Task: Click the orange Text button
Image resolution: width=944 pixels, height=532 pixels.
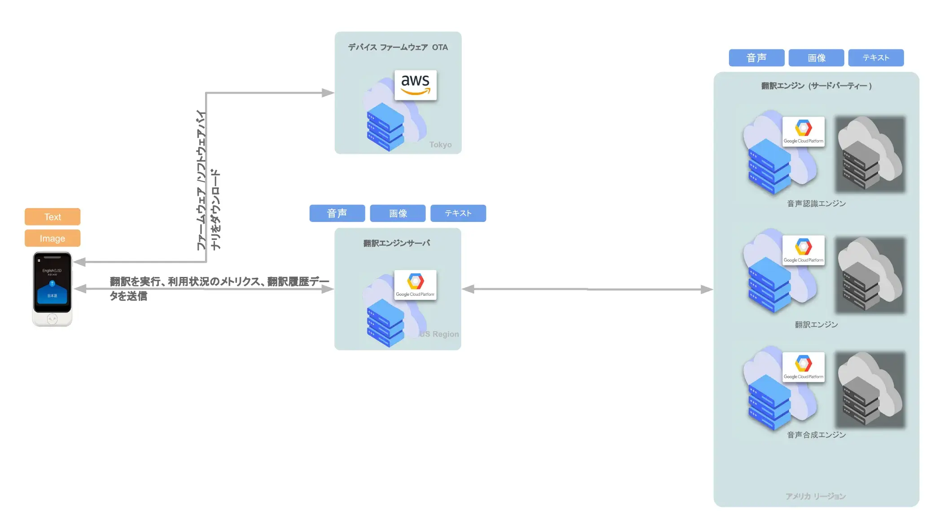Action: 52,217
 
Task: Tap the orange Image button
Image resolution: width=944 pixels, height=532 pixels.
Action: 52,238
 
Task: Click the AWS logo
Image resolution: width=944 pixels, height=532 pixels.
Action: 415,85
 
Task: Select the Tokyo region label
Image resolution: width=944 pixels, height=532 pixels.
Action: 440,145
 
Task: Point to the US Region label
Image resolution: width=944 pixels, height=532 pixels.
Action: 439,334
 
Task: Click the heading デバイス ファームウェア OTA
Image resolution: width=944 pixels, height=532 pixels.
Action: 398,48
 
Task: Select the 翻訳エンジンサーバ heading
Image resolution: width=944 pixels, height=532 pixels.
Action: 397,243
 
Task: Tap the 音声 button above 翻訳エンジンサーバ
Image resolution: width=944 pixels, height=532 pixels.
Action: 337,213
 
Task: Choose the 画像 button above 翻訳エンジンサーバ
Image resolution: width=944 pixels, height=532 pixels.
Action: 398,213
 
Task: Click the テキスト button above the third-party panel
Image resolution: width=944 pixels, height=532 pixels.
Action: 876,58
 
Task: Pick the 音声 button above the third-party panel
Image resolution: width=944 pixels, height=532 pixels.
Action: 756,58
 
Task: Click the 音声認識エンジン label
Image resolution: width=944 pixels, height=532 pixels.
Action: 816,204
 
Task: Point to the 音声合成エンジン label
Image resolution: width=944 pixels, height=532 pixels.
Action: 816,435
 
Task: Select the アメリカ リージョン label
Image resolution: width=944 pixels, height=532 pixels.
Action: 816,496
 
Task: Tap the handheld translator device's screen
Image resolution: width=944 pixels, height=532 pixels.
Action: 52,282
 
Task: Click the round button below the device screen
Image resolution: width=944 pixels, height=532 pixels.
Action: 52,319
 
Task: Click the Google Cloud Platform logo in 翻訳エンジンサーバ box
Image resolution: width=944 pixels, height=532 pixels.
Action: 415,285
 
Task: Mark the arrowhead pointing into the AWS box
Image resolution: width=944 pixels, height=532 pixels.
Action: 328,93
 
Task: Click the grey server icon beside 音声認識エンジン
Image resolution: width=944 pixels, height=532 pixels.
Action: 870,155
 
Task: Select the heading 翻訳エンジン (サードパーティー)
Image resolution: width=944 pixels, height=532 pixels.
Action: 816,86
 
